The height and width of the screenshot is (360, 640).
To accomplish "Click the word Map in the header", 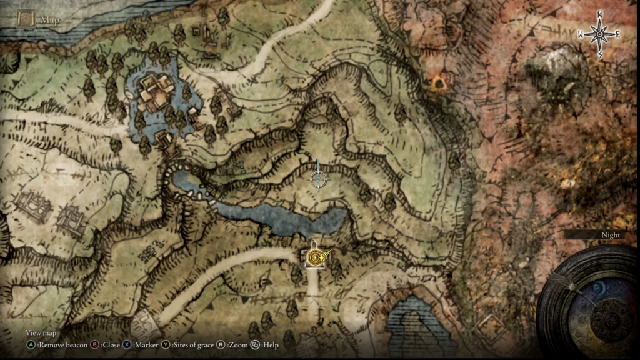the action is (49, 20).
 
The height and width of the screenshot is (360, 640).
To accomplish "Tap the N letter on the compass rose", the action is (599, 14).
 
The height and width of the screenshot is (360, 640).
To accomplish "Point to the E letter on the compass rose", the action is (617, 34).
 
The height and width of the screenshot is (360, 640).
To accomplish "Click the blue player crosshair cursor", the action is (319, 179).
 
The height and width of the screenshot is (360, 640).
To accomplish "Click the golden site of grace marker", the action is (315, 256).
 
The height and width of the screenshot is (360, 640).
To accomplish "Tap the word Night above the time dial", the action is (610, 235).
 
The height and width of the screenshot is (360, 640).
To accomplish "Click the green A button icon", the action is (31, 344).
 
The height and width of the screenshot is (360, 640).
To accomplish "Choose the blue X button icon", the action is (127, 344).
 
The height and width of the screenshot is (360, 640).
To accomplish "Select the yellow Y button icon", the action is (166, 344).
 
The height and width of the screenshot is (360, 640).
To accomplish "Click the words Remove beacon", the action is (61, 344).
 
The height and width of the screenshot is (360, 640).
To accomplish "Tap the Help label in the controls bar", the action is (271, 344).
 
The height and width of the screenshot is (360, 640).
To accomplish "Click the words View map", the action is (41, 333).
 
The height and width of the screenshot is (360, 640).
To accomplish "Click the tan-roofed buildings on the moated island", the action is (154, 94).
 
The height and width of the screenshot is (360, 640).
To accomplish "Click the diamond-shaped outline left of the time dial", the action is (491, 325).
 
